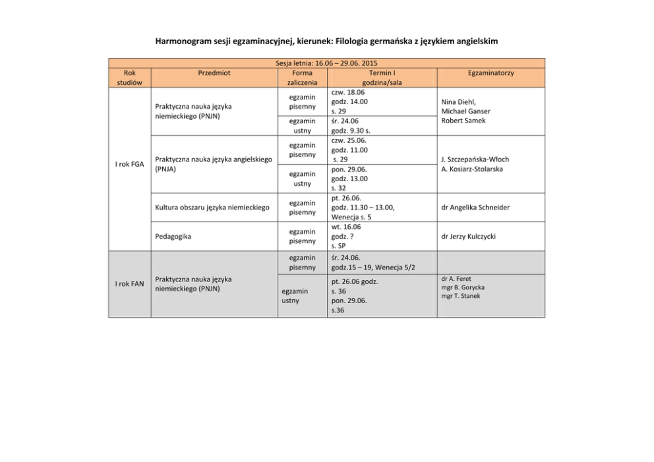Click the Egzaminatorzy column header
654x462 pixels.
(x=491, y=72)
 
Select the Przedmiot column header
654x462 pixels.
(x=214, y=72)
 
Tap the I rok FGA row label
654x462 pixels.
(x=129, y=164)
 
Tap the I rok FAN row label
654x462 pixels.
(x=129, y=283)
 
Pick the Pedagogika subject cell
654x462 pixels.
(x=173, y=236)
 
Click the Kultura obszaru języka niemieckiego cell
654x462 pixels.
(x=212, y=208)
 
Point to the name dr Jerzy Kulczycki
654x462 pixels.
(x=469, y=236)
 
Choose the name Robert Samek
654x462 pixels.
(x=463, y=121)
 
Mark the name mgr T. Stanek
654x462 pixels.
(x=461, y=296)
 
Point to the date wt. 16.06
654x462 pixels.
(x=346, y=227)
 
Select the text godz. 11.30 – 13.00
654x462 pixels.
(x=363, y=208)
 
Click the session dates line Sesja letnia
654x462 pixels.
(x=326, y=63)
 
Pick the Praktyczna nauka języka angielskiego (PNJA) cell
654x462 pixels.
(x=214, y=164)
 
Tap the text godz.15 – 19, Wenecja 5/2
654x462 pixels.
(x=372, y=268)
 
